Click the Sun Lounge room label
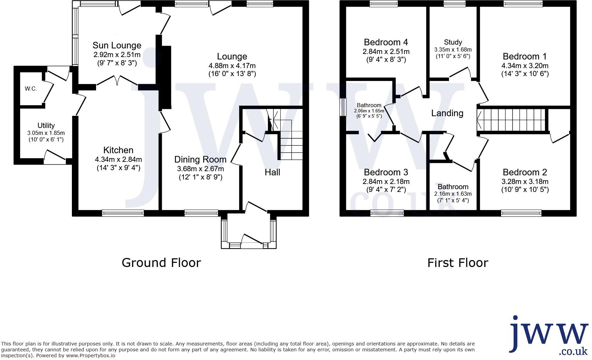117,45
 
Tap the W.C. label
31,89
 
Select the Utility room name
46,126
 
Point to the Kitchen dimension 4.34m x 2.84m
119,159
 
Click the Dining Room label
200,159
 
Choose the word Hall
272,172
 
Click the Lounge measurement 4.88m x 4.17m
232,66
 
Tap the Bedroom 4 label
386,42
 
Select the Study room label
453,42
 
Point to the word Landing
447,113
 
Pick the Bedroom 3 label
386,172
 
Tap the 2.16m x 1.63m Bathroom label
453,187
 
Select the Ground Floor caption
161,263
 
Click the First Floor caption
458,263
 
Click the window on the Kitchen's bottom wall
123,213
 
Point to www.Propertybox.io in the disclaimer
91,356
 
